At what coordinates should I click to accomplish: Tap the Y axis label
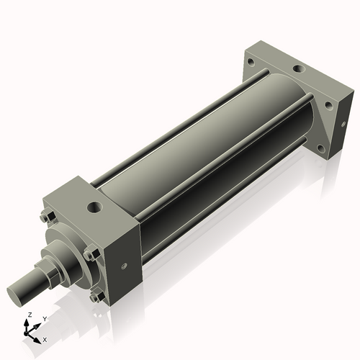click(44, 318)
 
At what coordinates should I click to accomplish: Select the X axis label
click(45, 338)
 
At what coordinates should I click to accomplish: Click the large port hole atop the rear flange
click(297, 71)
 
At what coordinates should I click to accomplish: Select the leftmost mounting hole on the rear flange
click(251, 63)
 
